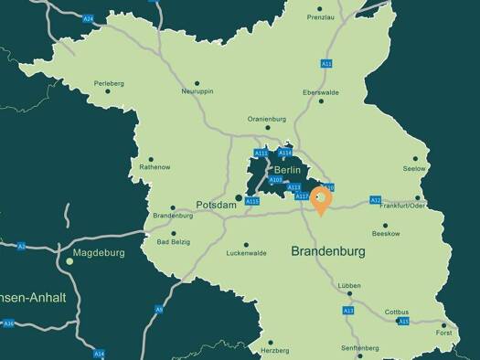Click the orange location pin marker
321,199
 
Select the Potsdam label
217,206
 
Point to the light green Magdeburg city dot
69,261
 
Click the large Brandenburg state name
328,250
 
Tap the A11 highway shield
325,63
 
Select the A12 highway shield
375,200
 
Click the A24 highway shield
88,17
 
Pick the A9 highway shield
159,310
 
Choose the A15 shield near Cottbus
403,322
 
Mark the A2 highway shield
21,246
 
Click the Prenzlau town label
321,17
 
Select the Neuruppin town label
197,91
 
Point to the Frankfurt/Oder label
402,206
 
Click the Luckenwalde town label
246,253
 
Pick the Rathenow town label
153,167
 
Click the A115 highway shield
253,201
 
